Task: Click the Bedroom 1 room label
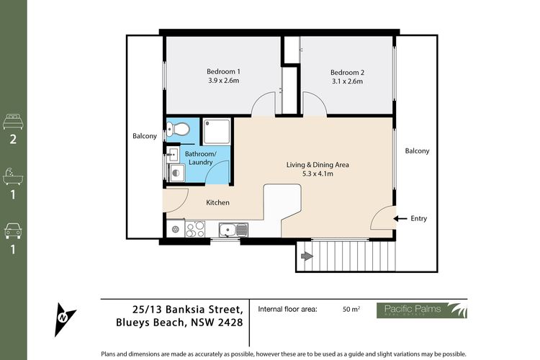tap(223, 76)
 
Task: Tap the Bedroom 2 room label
tap(347, 76)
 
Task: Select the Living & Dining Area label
tap(318, 169)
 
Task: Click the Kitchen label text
tap(217, 203)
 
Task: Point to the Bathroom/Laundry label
tap(199, 158)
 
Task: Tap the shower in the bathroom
tap(217, 131)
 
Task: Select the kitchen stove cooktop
tap(195, 229)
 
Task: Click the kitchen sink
tap(231, 230)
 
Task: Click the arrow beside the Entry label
tap(401, 218)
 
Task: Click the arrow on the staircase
tap(306, 255)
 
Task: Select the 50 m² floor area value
tap(351, 310)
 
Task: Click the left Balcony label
tap(144, 136)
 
